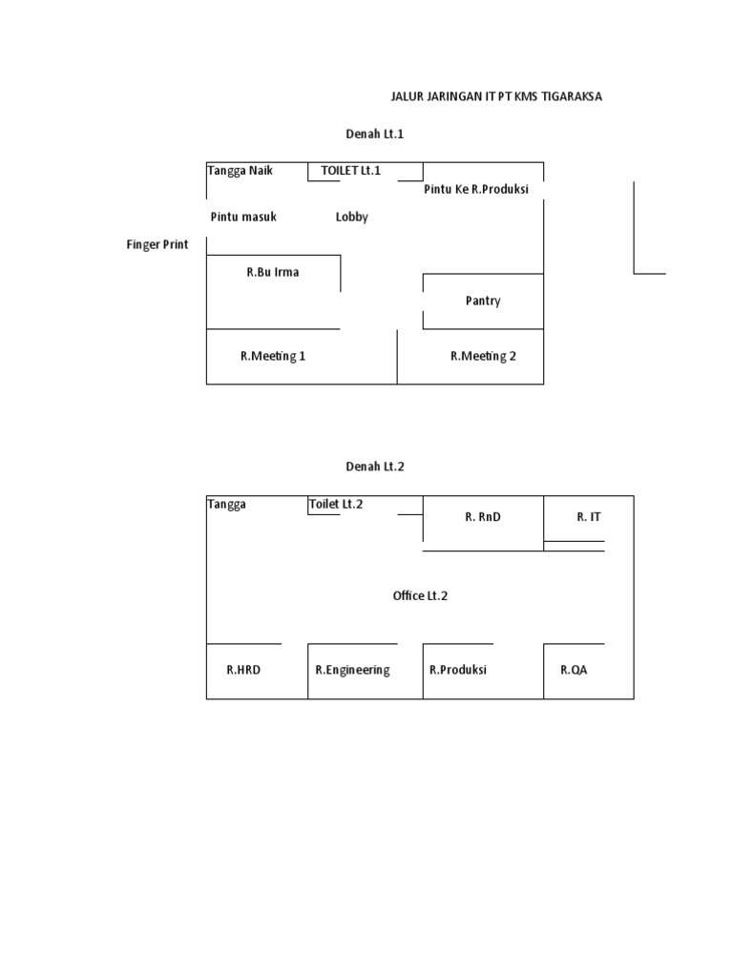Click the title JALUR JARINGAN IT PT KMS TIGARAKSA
pyautogui.click(x=496, y=96)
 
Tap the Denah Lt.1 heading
pyautogui.click(x=374, y=134)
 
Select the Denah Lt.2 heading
pyautogui.click(x=375, y=467)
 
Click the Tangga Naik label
pyautogui.click(x=240, y=171)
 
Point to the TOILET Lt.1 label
pyautogui.click(x=350, y=171)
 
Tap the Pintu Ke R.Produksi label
pyautogui.click(x=476, y=190)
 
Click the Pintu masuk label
pyautogui.click(x=243, y=217)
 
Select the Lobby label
pyautogui.click(x=351, y=218)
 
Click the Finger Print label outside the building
pyautogui.click(x=157, y=245)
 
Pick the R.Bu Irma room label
pyautogui.click(x=272, y=272)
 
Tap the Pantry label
pyautogui.click(x=483, y=301)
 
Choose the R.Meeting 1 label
pyautogui.click(x=273, y=357)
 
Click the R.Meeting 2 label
pyautogui.click(x=483, y=357)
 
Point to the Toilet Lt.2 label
pyautogui.click(x=336, y=504)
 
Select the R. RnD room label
pyautogui.click(x=483, y=517)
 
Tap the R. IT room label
pyautogui.click(x=589, y=517)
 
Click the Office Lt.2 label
pyautogui.click(x=420, y=596)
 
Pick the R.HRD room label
pyautogui.click(x=243, y=671)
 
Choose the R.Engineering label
pyautogui.click(x=353, y=671)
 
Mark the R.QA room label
pyautogui.click(x=574, y=671)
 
